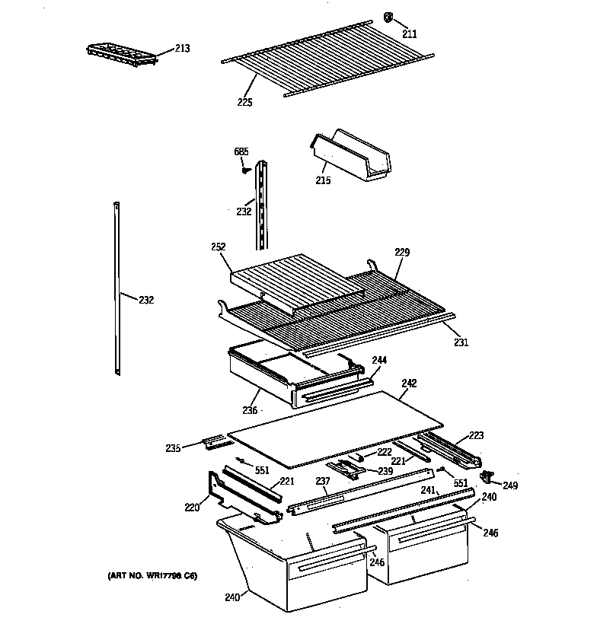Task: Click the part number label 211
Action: click(x=410, y=33)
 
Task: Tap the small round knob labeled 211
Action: click(x=388, y=17)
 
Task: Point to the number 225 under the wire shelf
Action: click(x=244, y=102)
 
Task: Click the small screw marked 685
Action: click(x=245, y=170)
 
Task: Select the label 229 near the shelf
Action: click(x=402, y=252)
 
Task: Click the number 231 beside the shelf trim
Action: click(x=461, y=342)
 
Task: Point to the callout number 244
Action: click(x=379, y=360)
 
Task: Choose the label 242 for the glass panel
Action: click(x=409, y=384)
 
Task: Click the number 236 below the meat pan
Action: click(x=251, y=410)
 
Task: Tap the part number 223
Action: click(x=476, y=435)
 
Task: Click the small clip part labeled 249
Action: click(x=486, y=477)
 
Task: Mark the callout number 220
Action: click(x=191, y=506)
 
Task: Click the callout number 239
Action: click(x=385, y=472)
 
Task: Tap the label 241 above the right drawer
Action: click(x=429, y=491)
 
